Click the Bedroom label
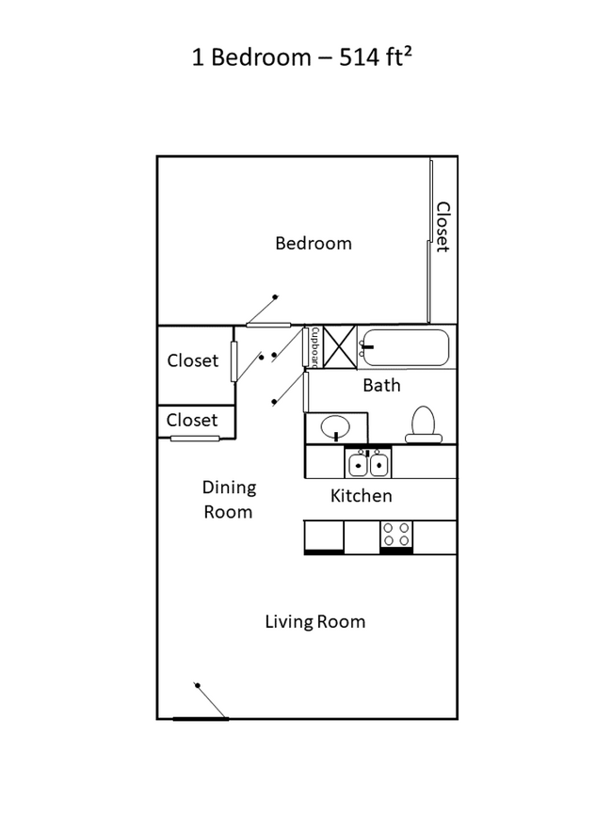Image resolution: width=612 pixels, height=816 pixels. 313,243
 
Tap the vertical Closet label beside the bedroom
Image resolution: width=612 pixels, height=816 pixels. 441,227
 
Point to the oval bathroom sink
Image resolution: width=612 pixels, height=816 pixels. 335,429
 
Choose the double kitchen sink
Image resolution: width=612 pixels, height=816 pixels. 368,463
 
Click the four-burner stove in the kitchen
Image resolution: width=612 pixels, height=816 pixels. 396,535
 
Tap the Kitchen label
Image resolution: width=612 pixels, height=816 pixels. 361,495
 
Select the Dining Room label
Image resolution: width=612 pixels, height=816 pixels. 228,499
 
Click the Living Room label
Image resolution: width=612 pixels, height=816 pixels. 314,621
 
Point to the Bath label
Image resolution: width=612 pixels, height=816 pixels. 381,385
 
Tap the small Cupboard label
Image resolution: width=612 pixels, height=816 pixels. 314,346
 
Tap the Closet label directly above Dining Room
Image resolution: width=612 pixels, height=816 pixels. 192,420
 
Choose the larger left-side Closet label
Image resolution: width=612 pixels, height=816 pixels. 192,360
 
